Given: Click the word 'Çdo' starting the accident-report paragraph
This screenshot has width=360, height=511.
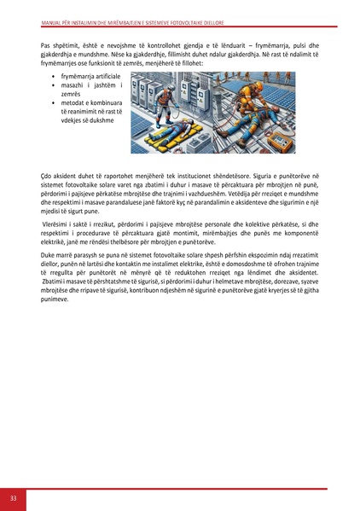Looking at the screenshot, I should coord(47,175).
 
